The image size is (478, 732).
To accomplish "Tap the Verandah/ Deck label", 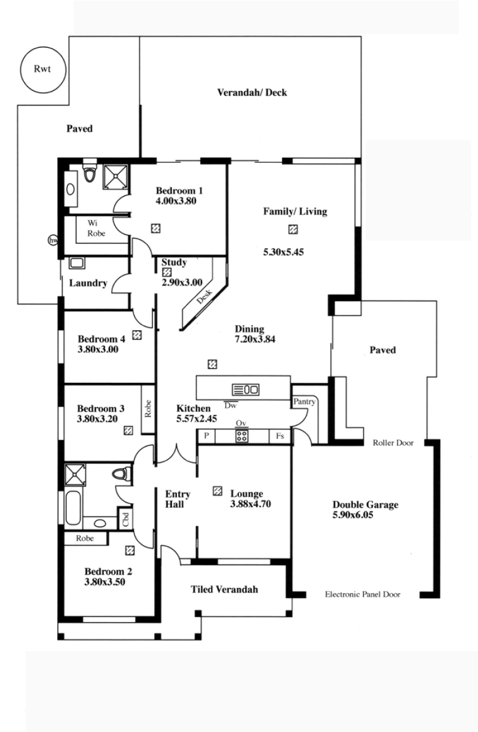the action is (252, 93).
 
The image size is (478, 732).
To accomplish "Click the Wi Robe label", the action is (96, 228).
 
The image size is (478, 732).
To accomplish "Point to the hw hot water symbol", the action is (53, 240).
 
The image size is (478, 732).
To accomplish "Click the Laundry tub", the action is (77, 263).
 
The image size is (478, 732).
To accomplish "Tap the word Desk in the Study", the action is (204, 297).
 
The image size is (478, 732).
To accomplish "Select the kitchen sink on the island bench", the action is (246, 389).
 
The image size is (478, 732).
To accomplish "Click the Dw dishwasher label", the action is (231, 405).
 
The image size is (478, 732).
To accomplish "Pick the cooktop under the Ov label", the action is (241, 436).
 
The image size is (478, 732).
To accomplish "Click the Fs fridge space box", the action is (280, 435).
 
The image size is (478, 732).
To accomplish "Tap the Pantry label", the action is (304, 401).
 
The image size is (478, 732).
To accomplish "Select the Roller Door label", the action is (393, 443).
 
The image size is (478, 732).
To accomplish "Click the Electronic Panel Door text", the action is (363, 594).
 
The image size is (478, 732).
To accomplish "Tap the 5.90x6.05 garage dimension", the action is (353, 515).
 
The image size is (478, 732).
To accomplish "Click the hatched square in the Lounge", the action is (217, 491).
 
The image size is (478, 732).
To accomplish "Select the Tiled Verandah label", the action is (224, 589).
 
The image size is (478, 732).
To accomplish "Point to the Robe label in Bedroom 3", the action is (148, 408).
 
